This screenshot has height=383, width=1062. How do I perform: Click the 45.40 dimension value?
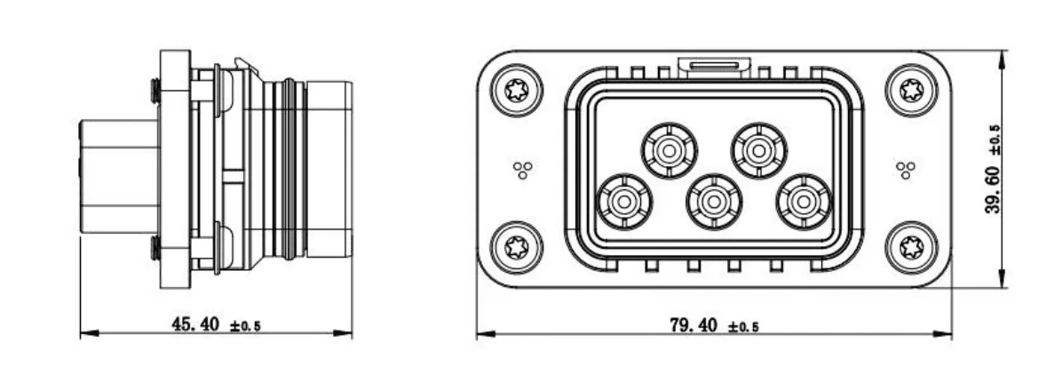click(x=195, y=324)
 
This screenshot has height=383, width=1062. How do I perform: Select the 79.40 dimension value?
click(x=693, y=325)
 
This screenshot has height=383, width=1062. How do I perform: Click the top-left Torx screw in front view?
click(x=517, y=90)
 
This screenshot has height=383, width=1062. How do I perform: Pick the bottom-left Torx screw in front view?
click(x=517, y=247)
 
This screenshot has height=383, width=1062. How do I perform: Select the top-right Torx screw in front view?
click(x=912, y=90)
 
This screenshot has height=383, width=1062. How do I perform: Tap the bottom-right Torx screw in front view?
click(x=912, y=247)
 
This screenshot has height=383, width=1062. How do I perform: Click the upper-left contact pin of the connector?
click(x=670, y=150)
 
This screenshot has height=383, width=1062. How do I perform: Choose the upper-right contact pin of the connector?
click(x=759, y=150)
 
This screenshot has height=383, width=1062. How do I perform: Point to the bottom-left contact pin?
click(x=623, y=202)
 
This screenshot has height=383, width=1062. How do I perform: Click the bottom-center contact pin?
click(x=714, y=202)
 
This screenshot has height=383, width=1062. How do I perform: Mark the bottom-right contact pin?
click(x=804, y=202)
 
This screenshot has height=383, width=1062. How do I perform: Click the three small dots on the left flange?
click(x=522, y=170)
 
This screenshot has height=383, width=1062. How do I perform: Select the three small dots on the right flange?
click(x=906, y=170)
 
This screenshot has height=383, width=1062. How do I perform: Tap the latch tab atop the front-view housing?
click(x=714, y=67)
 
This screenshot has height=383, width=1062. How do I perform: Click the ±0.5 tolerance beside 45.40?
click(x=245, y=327)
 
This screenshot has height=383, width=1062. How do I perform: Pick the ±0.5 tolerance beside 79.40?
click(x=744, y=327)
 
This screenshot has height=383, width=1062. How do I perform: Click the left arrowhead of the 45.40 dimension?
click(x=90, y=333)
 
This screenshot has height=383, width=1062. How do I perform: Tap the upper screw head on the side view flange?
click(x=155, y=90)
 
